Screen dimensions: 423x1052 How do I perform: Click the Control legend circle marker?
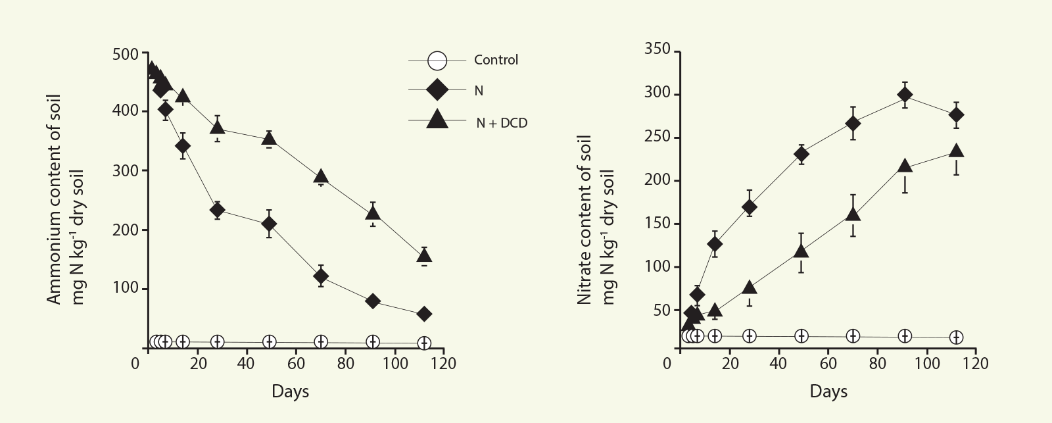437,61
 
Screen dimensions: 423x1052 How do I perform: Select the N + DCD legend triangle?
437,120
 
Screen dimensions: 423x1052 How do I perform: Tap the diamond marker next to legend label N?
437,90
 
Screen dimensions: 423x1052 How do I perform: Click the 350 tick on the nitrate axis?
657,50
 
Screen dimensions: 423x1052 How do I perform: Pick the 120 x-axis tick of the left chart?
443,363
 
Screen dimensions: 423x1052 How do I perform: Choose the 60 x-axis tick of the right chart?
828,363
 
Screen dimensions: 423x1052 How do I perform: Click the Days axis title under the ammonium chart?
290,391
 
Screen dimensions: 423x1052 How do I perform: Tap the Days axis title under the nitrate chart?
828,392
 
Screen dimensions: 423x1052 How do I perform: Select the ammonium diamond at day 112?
424,314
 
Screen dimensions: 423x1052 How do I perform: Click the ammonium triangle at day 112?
425,255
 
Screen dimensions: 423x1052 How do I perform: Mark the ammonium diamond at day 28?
217,210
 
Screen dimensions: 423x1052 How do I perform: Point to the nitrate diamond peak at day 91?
905,95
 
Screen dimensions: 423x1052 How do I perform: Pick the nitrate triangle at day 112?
957,151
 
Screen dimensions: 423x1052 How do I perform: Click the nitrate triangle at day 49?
801,251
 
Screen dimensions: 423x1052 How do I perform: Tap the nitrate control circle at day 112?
957,337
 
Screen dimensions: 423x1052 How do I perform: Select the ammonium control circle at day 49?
269,341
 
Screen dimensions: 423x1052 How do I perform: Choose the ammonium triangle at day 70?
321,176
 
